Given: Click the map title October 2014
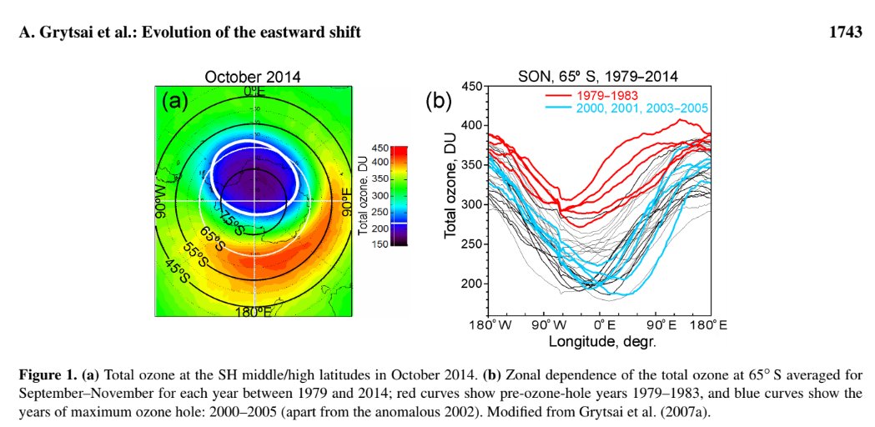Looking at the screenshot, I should coord(253,78).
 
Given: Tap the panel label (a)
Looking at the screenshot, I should coord(175,102).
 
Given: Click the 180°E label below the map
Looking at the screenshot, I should coord(253,312).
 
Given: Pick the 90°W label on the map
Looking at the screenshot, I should coord(162,201).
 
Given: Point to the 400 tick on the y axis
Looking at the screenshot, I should coord(472,125).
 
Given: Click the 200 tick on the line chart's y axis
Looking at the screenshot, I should coord(472,284).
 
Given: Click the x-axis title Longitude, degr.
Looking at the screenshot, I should coord(602,341).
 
